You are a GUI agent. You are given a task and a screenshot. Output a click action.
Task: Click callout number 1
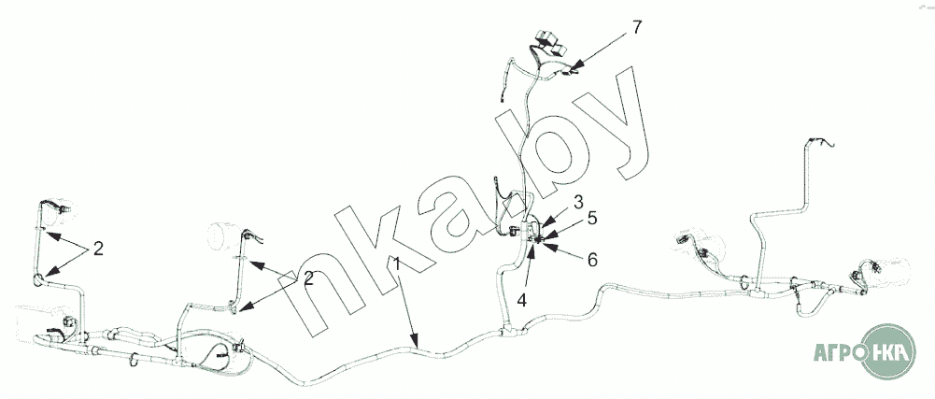point(397,264)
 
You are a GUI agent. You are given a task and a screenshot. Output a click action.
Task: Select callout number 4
point(522,301)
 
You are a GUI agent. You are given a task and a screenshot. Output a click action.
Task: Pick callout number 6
point(591,260)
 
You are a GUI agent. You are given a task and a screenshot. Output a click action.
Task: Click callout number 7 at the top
point(637,27)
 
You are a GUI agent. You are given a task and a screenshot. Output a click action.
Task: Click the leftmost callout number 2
point(98,249)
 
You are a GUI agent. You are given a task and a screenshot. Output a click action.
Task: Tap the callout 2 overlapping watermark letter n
point(308,278)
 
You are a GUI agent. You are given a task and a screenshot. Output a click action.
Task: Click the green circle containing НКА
point(888,351)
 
